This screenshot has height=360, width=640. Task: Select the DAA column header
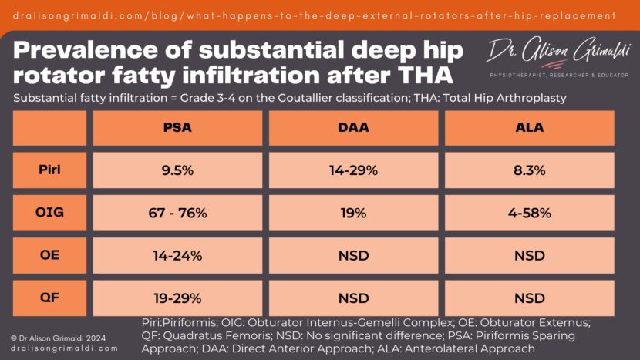[354, 128]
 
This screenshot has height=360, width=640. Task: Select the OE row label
[49, 255]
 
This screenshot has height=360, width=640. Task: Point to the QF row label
[49, 298]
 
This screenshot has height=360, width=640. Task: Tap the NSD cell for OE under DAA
[354, 255]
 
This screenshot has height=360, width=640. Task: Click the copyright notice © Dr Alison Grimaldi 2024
[59, 337]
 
